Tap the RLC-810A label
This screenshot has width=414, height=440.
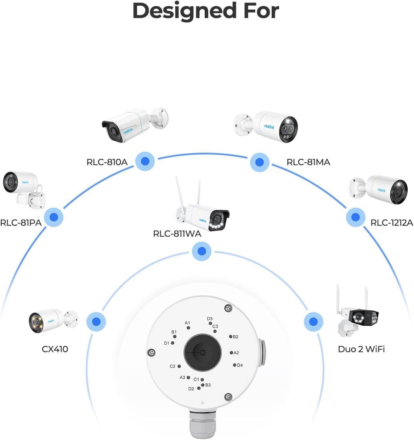[107, 162]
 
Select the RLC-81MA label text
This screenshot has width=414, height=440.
[308, 162]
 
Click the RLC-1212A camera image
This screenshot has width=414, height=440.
[378, 190]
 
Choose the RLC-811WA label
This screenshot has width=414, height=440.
[177, 234]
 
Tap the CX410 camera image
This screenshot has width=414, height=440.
[53, 321]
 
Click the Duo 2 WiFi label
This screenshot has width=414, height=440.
[361, 349]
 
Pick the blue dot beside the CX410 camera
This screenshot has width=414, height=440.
[96, 322]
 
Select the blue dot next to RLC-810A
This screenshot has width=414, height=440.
[145, 161]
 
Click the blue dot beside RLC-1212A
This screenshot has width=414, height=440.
[356, 217]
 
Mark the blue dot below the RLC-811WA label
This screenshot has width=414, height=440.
[202, 251]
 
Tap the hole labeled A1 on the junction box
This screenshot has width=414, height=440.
[188, 328]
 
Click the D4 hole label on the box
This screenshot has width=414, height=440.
[240, 365]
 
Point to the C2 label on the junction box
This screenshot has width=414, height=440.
[172, 366]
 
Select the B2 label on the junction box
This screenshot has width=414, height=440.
[236, 337]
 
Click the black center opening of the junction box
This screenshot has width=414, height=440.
[203, 352]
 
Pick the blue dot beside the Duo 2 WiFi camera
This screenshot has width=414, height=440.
[313, 321]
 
